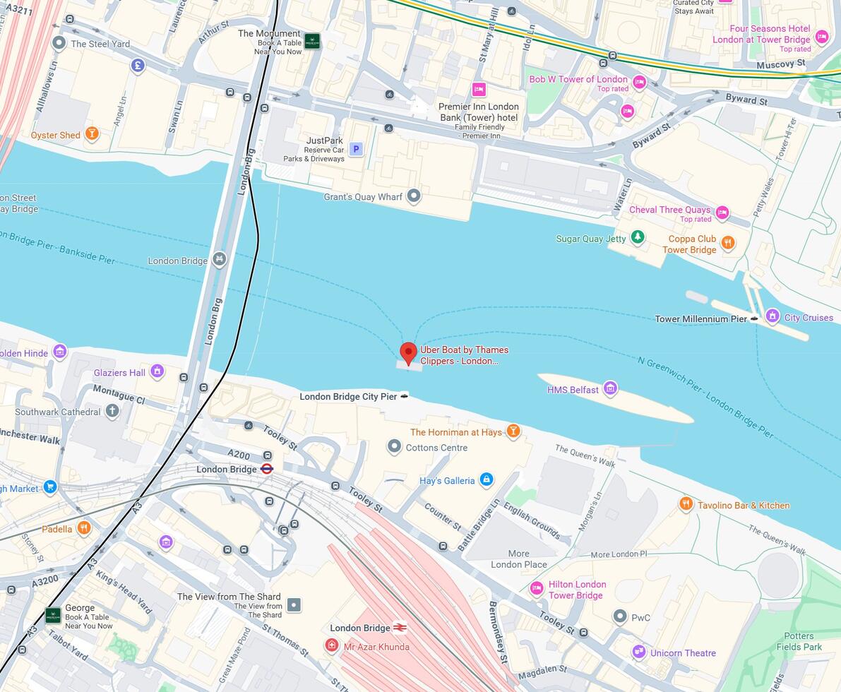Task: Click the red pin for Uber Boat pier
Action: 408,352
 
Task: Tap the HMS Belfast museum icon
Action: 610,388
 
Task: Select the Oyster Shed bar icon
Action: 92,133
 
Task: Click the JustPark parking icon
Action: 357,149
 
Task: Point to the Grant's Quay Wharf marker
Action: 414,196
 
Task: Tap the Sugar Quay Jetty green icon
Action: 638,237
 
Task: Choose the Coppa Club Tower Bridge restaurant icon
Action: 728,243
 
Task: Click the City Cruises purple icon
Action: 773,316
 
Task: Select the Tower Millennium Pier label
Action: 700,319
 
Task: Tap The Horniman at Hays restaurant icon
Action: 513,431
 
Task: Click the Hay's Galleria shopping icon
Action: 486,480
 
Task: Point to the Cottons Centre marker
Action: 395,446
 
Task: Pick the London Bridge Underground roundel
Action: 267,469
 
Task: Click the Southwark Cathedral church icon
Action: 112,411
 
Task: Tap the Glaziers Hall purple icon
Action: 157,371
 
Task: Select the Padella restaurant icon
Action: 84,528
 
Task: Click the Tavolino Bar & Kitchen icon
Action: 686,504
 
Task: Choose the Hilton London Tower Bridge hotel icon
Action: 537,588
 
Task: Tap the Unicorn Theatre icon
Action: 639,652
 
